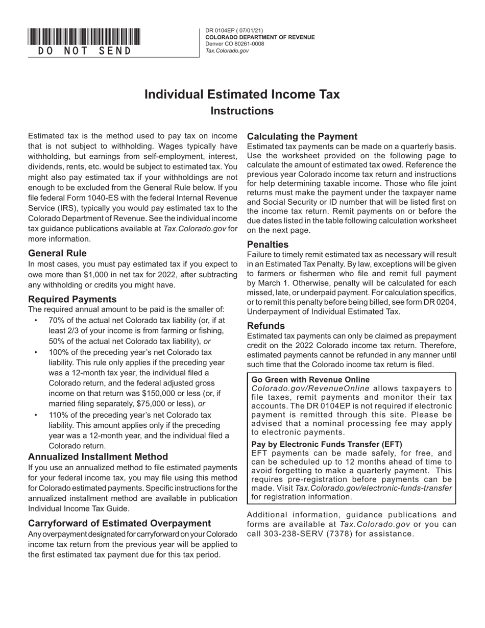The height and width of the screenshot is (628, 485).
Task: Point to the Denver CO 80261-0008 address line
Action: [x=235, y=44]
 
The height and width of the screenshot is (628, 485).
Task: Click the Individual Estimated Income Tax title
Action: [x=242, y=94]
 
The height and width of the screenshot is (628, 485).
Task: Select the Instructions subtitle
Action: [x=242, y=111]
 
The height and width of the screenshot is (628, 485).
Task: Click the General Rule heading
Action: [x=57, y=253]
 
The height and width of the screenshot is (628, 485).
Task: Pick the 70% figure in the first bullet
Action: [x=57, y=321]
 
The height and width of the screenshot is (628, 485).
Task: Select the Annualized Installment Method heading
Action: [x=98, y=456]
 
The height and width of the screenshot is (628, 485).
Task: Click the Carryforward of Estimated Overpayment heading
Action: [x=119, y=523]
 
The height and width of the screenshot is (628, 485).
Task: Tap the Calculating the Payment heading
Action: [x=302, y=136]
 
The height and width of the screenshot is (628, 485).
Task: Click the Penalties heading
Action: [x=268, y=244]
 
